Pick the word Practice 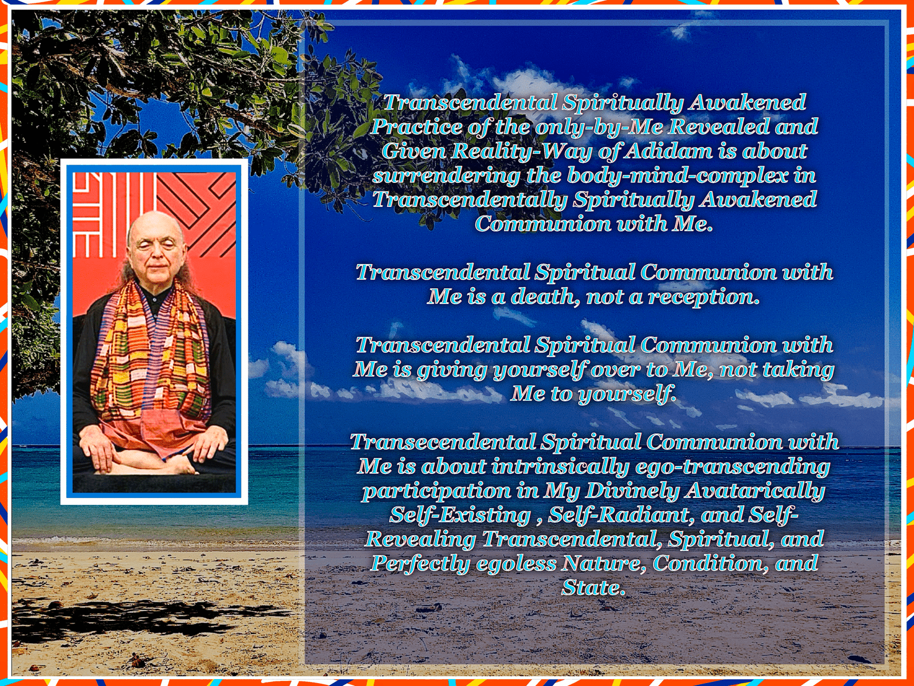click(x=416, y=126)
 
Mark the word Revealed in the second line click(x=719, y=126)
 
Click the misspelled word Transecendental click(x=442, y=441)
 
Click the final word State click(x=594, y=588)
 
